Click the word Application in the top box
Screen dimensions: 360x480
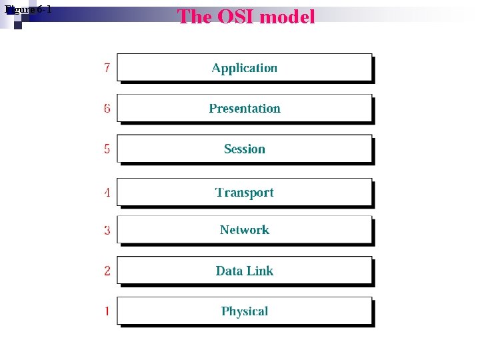[x=244, y=68]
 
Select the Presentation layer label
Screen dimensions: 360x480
[x=244, y=109]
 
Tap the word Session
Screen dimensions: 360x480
[x=244, y=149]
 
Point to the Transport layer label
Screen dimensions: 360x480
[x=244, y=193]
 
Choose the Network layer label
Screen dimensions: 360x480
[x=244, y=230]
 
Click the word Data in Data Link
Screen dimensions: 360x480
[x=229, y=271]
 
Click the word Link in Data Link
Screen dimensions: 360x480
[x=259, y=271]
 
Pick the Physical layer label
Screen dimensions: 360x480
[x=244, y=311]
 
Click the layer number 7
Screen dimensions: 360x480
[x=107, y=68]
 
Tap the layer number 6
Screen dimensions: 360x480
[x=107, y=109]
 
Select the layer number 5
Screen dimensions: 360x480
[x=107, y=149]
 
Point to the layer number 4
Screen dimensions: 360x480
[x=107, y=193]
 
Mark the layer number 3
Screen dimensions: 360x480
[x=107, y=231]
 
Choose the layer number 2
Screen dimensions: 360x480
[x=107, y=271]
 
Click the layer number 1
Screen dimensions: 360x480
[x=107, y=311]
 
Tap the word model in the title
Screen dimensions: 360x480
[x=287, y=17]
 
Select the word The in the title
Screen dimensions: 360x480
[x=194, y=17]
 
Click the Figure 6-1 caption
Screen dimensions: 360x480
[x=28, y=9]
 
